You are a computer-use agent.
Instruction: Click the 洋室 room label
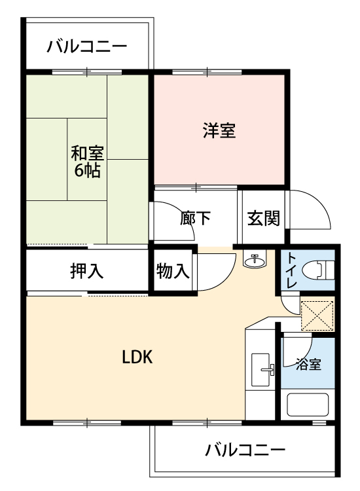219,130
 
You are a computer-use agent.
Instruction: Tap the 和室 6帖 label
87,162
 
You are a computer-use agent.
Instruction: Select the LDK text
137,357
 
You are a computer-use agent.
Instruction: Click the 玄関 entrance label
264,218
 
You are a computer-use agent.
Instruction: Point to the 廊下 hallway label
195,218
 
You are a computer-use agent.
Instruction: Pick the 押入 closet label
86,271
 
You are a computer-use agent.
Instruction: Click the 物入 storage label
173,271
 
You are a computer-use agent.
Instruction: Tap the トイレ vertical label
292,270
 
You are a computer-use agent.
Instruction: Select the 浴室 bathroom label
308,365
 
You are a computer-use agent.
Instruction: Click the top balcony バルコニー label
87,47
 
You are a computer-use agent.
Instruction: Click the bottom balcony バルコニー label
245,450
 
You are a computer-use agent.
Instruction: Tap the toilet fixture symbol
317,270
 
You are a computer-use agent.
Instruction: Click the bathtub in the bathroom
308,404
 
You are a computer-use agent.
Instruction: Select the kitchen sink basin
261,370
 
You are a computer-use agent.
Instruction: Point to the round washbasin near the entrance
255,260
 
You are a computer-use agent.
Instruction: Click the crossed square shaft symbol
317,316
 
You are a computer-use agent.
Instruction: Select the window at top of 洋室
207,72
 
